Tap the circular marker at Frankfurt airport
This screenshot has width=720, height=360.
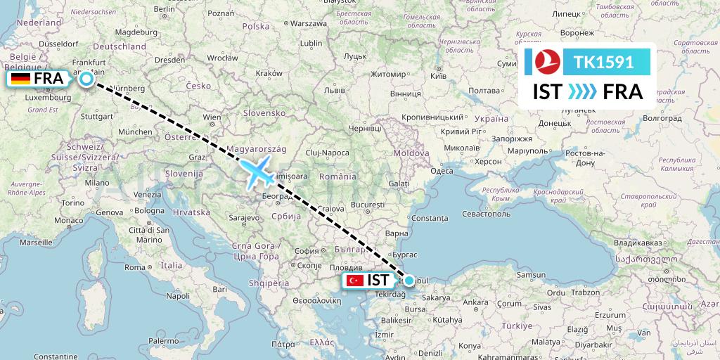coord(86,79)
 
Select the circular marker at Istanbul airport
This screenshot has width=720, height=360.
coord(409,280)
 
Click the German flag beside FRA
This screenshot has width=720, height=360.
coord(20,79)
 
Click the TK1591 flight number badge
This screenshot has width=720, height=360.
coord(604,62)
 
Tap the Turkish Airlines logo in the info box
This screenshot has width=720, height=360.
coord(546,62)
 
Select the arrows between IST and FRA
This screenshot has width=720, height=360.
coord(581,92)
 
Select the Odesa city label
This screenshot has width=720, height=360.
coord(442,171)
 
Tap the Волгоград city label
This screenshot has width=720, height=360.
coord(662,118)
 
